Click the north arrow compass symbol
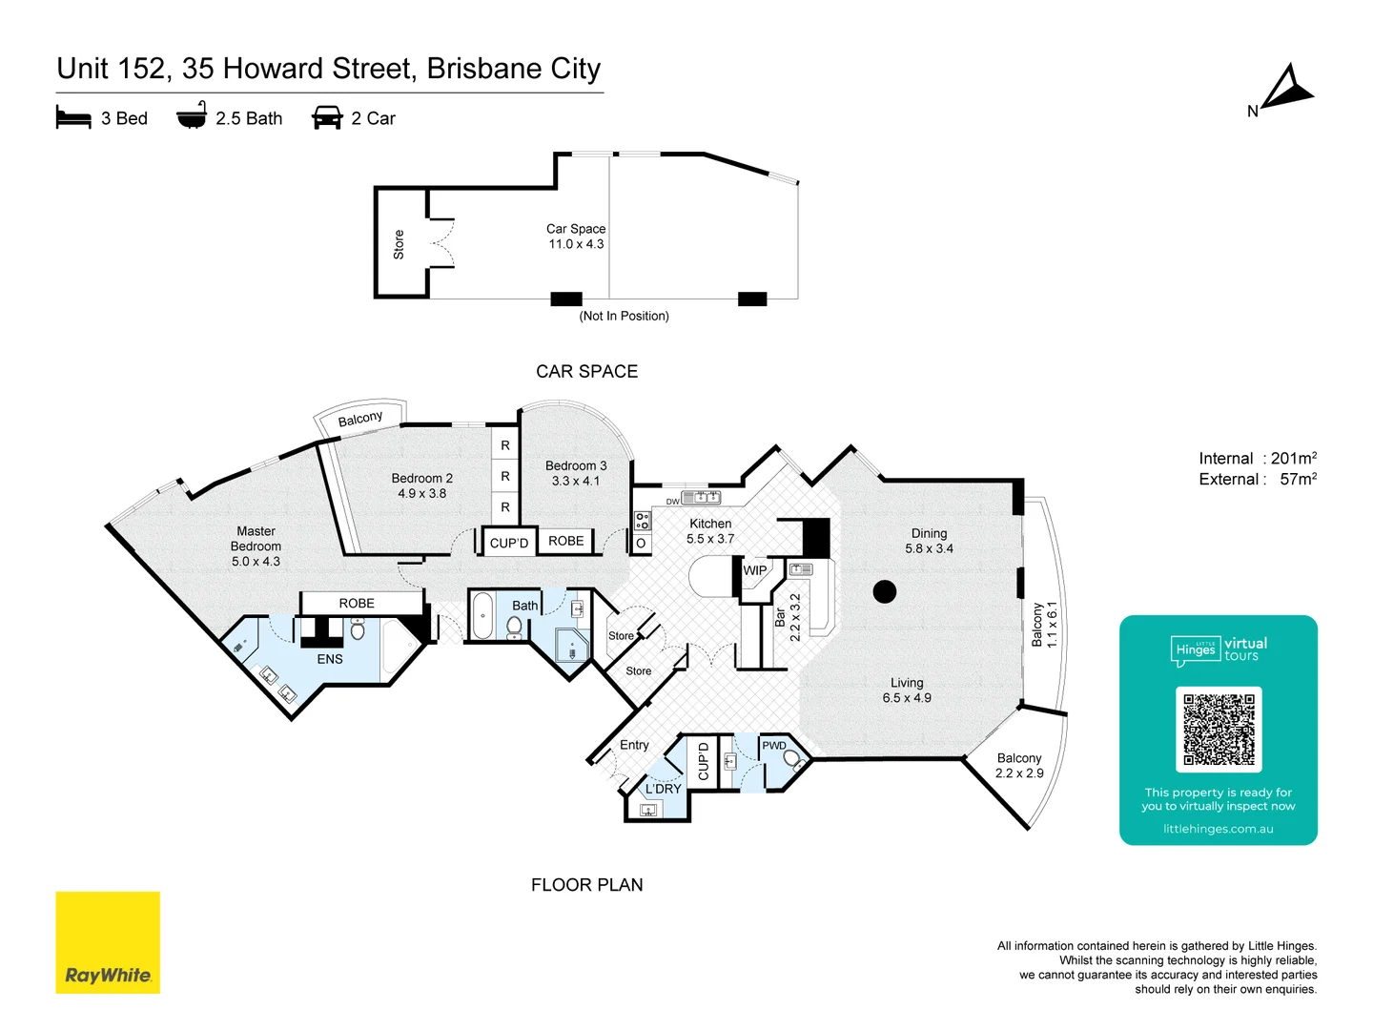click(x=1286, y=89)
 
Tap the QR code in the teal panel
click(x=1219, y=730)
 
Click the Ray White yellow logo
click(x=108, y=942)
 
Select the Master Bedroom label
click(x=256, y=546)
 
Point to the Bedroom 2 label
click(x=421, y=485)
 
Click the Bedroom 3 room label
click(x=576, y=473)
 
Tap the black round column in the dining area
click(x=885, y=591)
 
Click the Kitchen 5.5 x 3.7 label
click(x=710, y=531)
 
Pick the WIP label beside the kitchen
click(x=755, y=570)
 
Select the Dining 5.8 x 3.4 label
click(x=929, y=541)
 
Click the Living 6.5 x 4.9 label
click(x=907, y=690)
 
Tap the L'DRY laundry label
click(x=664, y=789)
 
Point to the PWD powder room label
click(x=774, y=746)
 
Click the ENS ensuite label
click(x=330, y=659)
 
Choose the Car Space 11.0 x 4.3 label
click(x=576, y=237)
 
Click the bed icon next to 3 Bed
click(x=73, y=118)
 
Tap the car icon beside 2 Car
click(x=327, y=118)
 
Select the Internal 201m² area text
click(x=1258, y=459)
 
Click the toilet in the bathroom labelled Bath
click(x=515, y=626)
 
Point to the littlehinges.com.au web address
click(x=1219, y=829)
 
